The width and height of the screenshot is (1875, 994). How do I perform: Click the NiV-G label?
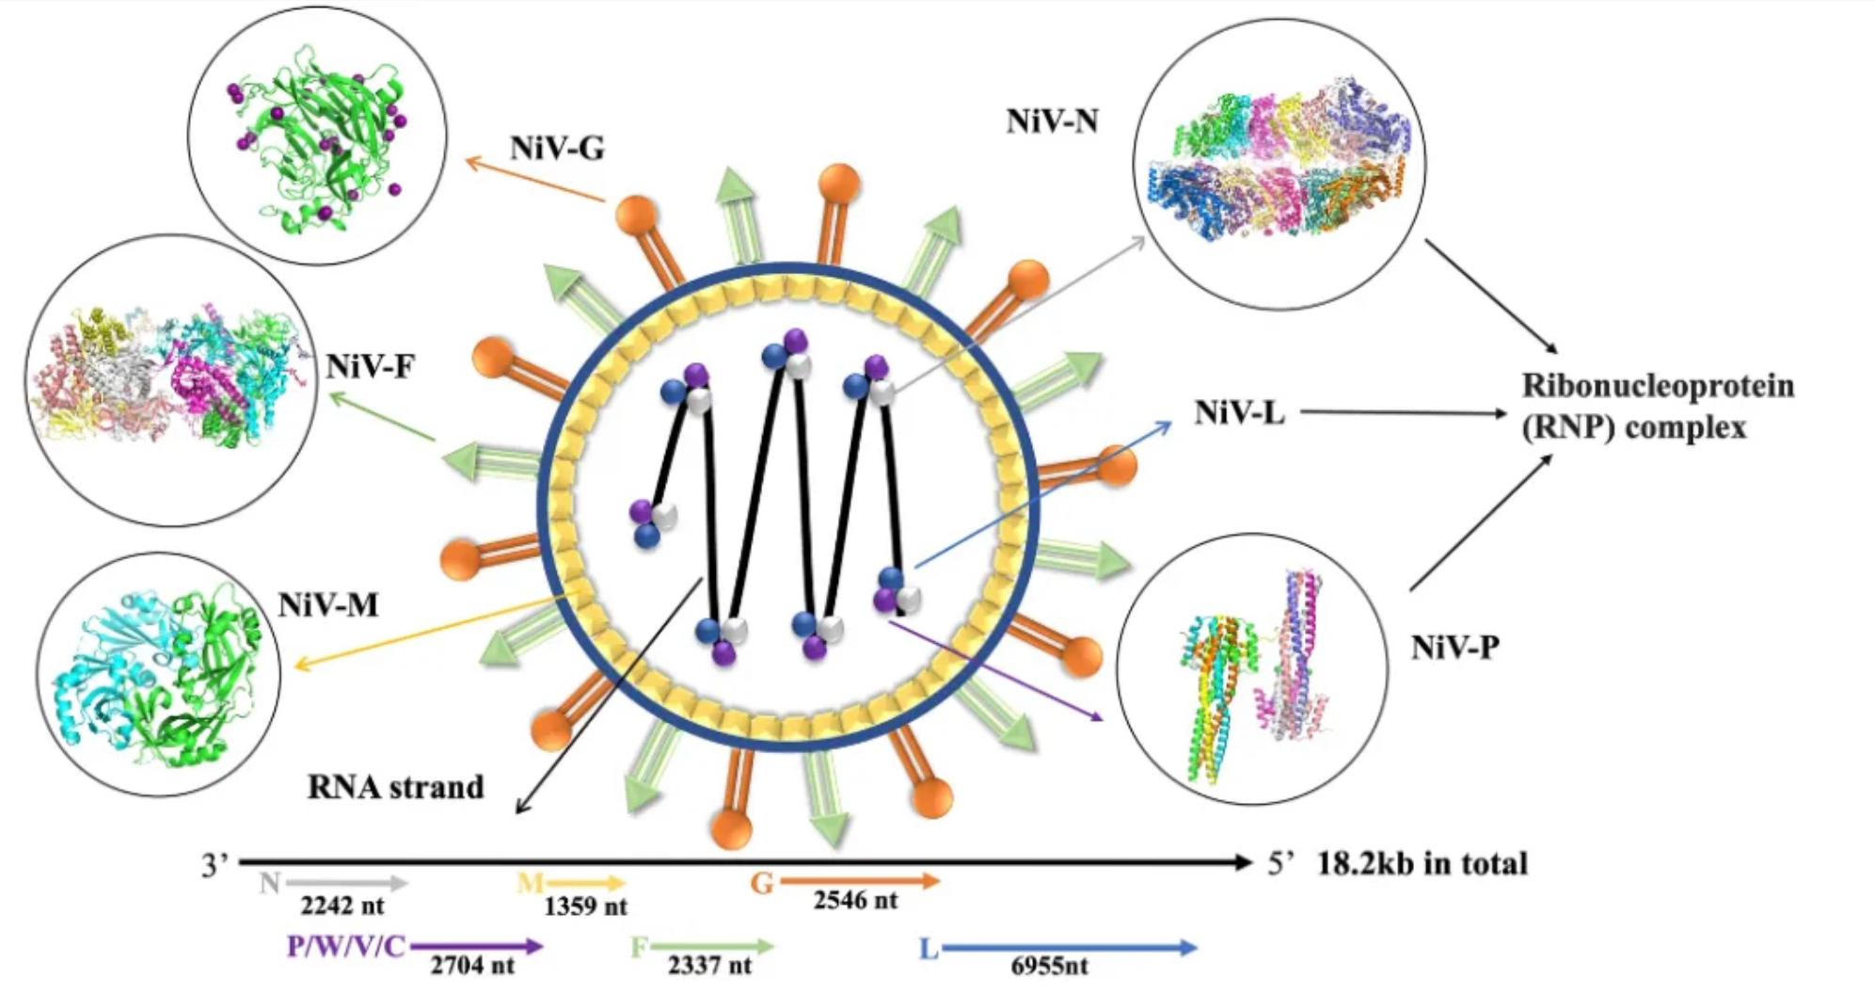coord(557,149)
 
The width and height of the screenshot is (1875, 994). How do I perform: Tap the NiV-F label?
coord(370,365)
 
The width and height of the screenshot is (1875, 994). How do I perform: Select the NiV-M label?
coord(328,604)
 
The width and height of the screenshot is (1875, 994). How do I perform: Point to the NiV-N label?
coord(1052,121)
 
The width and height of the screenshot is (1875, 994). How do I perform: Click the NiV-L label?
coord(1239,412)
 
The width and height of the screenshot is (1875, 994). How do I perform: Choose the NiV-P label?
coord(1454,647)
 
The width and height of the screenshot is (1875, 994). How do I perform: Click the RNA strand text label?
coord(395,787)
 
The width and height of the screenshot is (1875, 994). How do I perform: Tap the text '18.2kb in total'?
coord(1422,863)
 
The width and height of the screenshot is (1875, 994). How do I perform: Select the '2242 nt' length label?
coord(342,906)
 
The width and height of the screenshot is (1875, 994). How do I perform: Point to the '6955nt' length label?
coord(1049,966)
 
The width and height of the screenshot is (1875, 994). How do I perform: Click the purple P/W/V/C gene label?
coord(346,946)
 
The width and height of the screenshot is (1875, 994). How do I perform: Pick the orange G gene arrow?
coord(858,882)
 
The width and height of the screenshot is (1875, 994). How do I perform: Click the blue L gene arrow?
coord(1069,947)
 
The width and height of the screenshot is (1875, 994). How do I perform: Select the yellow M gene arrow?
coord(586,883)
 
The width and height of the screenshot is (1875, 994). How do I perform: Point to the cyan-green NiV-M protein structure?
coord(158,674)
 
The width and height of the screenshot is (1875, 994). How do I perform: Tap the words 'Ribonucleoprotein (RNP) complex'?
coord(1658,407)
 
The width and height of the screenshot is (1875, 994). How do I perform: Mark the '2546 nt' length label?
coord(855,901)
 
